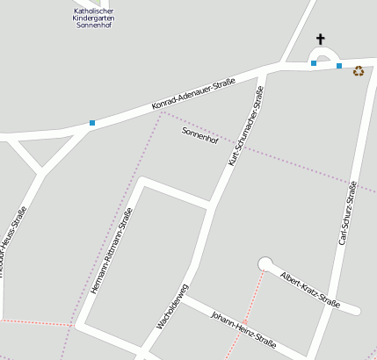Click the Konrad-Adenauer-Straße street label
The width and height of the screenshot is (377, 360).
coord(193,95)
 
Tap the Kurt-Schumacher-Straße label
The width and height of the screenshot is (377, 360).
coord(246,126)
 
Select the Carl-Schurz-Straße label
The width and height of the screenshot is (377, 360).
coord(348,213)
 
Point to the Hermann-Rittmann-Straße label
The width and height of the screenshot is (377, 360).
coord(112,250)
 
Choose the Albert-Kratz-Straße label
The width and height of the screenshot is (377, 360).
coord(309,290)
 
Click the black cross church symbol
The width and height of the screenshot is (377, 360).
coord(321,39)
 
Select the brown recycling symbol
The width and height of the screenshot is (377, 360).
coord(358,71)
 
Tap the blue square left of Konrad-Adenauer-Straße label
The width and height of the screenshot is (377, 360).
coord(91,123)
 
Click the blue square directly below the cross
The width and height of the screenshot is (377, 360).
coord(314,63)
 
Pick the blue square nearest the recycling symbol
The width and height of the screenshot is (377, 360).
coord(339,66)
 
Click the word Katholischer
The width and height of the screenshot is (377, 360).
coord(95,11)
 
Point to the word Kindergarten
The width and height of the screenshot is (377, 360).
coord(95,18)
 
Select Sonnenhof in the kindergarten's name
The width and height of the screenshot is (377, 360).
coord(95,26)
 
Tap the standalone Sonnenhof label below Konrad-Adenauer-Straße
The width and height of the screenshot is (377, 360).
coord(199,135)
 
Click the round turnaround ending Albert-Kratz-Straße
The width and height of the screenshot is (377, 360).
coord(265,263)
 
